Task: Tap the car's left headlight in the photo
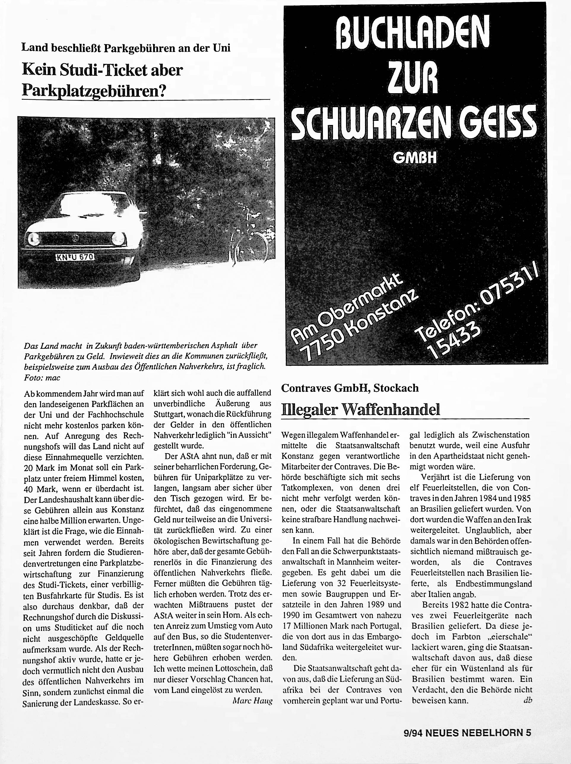click(x=33, y=238)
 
